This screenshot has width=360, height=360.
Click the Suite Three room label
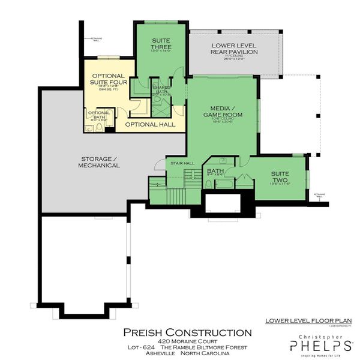(161, 43)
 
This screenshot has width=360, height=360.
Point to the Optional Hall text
(151, 124)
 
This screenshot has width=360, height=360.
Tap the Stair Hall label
(182, 163)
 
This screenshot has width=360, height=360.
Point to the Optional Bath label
(99, 115)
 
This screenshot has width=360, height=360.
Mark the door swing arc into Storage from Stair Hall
(158, 165)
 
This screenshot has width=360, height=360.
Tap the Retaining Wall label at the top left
(97, 39)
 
